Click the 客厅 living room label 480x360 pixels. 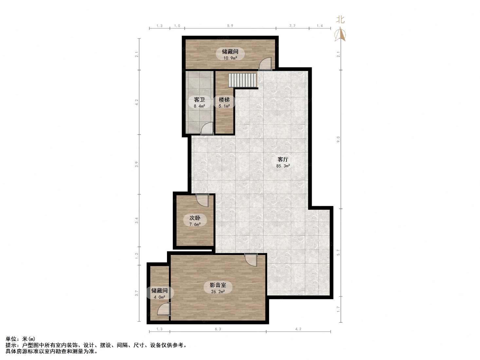coord(283,159)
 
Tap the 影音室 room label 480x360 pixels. coord(218,285)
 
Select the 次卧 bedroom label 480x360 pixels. coord(194,218)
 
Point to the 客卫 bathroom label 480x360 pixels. coord(199,100)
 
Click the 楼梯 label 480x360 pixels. coord(224,100)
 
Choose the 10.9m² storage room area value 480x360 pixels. coord(230,58)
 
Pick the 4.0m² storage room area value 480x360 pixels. coord(159,297)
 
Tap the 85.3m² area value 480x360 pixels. coord(283,166)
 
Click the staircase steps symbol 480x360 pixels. coord(242,80)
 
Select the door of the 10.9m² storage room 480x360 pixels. coord(265,64)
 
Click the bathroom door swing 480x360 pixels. coord(207,128)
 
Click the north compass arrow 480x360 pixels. coord(340,34)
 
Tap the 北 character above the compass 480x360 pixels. coord(340,19)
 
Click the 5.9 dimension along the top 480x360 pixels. coord(230,26)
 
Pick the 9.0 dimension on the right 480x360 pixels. coord(338,139)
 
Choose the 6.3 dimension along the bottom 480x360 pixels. coord(218,329)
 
